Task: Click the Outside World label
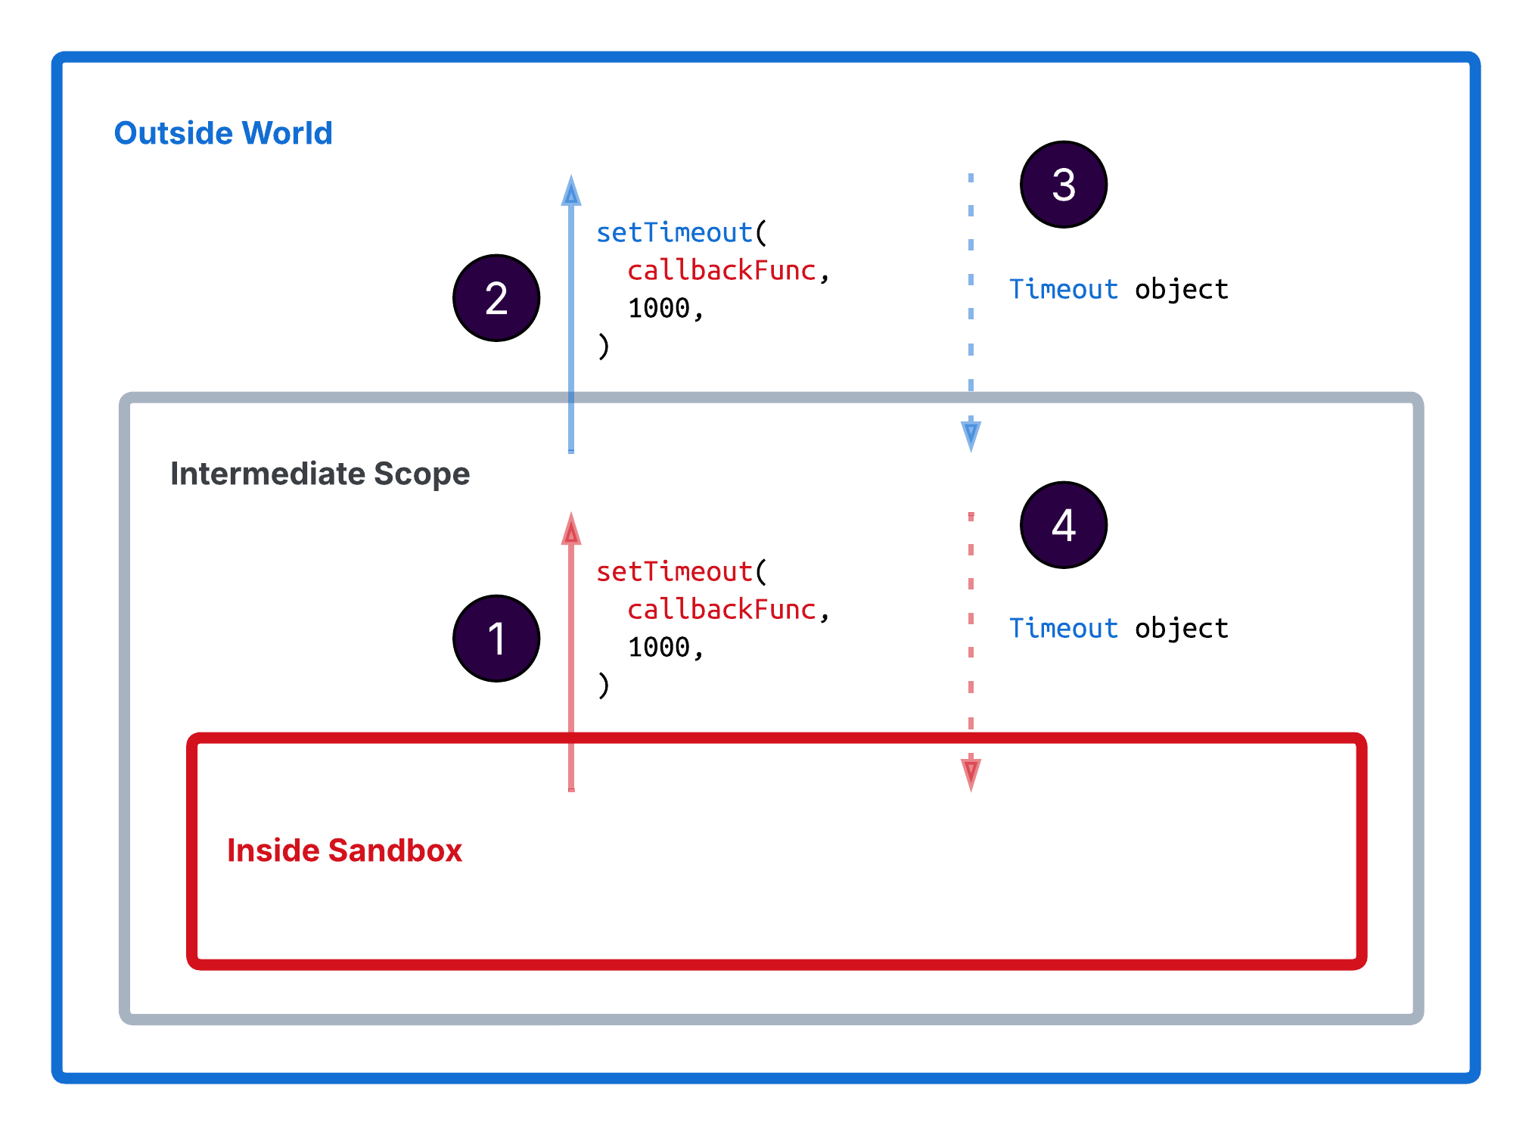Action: [x=223, y=133]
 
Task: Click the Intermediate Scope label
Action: [x=320, y=474]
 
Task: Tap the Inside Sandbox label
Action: [x=344, y=850]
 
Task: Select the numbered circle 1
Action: [x=496, y=638]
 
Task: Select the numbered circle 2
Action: [x=496, y=298]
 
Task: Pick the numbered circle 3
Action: [x=1063, y=185]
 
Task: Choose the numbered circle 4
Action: [x=1063, y=525]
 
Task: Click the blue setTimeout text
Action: [x=674, y=232]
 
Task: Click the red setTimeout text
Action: [x=674, y=571]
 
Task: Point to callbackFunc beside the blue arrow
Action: [x=721, y=270]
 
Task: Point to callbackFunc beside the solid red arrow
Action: [x=721, y=609]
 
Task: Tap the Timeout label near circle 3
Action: [x=1063, y=289]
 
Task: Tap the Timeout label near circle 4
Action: [x=1063, y=628]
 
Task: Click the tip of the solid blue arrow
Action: [x=571, y=179]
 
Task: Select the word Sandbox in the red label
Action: [x=394, y=850]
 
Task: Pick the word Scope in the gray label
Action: [x=421, y=474]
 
